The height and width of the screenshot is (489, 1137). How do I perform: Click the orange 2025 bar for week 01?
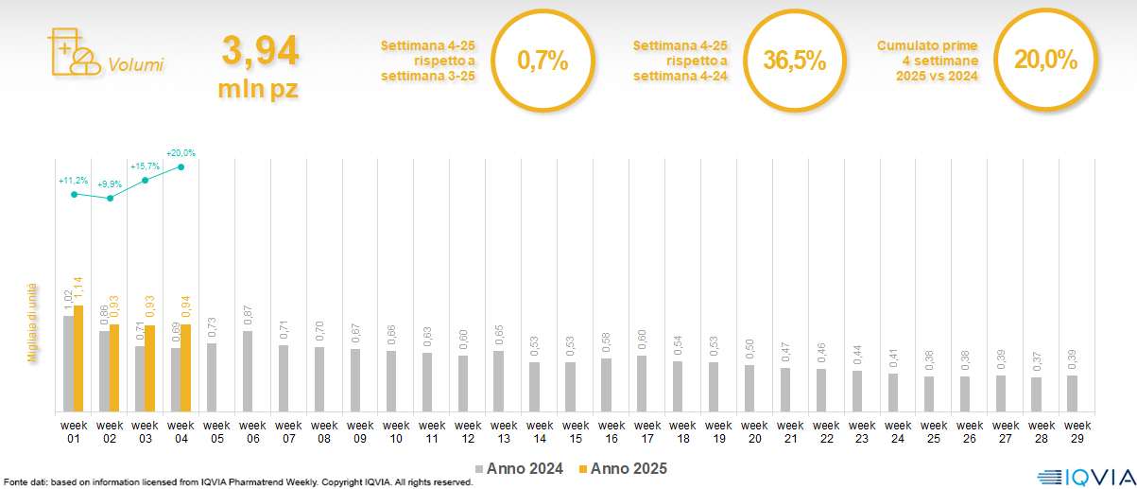click(x=78, y=358)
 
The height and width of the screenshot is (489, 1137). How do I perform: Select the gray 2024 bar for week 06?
click(x=248, y=371)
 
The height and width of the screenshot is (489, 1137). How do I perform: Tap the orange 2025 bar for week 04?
click(x=186, y=368)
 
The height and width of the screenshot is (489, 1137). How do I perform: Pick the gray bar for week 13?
click(x=498, y=381)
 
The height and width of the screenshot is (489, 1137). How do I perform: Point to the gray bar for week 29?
click(x=1071, y=393)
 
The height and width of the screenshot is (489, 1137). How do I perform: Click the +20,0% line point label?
click(x=181, y=152)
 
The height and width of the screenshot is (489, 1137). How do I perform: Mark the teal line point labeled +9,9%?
click(x=110, y=199)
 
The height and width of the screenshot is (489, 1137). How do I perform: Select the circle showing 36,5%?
click(x=794, y=61)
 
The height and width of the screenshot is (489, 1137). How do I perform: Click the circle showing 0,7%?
click(x=543, y=61)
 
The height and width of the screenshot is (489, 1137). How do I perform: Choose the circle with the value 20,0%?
click(x=1045, y=61)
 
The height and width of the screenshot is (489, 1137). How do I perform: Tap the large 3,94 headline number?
click(x=260, y=51)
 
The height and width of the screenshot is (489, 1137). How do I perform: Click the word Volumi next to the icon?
click(x=135, y=65)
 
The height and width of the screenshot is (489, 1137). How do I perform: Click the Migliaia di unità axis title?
click(x=31, y=323)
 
